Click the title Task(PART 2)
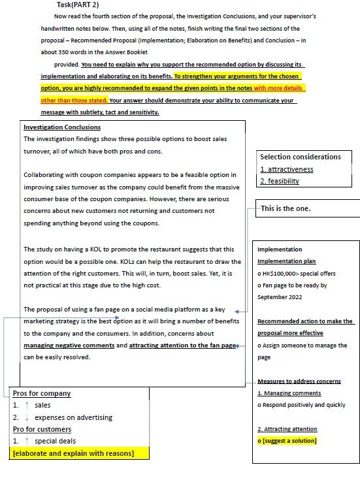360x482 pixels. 78,5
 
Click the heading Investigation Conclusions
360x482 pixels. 62,127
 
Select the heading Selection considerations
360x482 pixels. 300,157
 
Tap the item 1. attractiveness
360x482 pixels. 286,169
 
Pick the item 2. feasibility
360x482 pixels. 280,181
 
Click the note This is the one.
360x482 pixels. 286,209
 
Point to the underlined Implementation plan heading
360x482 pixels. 286,261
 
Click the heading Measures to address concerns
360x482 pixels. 299,381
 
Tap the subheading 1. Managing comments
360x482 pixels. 289,393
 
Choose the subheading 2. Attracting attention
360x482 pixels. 287,429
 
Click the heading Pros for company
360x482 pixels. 42,394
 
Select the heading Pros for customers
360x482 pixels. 42,430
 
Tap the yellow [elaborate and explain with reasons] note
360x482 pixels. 73,453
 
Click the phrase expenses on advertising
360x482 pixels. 73,417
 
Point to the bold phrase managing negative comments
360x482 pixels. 69,345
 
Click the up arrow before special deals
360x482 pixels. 27,442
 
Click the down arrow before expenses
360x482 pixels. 27,417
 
